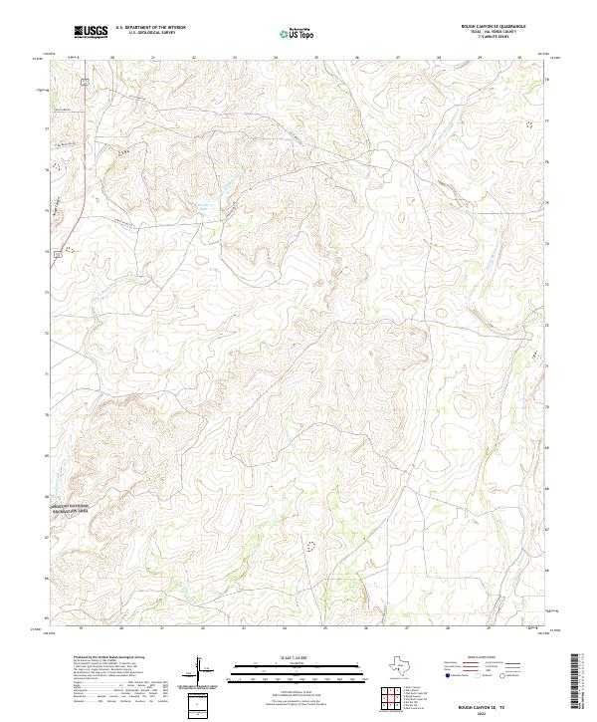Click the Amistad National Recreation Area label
(70, 508)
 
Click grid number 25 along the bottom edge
(324, 628)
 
